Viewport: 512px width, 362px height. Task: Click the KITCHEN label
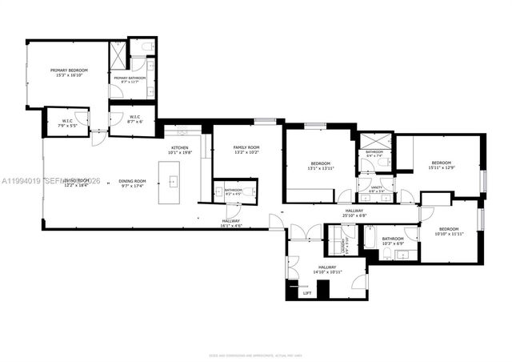click(179, 149)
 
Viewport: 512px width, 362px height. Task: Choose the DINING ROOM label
click(132, 182)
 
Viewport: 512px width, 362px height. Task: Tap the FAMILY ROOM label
click(246, 149)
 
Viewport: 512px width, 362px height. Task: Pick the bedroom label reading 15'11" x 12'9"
click(441, 165)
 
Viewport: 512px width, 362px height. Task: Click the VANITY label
click(375, 189)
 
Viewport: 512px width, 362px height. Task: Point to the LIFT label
click(306, 293)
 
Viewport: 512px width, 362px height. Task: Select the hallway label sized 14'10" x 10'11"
click(328, 271)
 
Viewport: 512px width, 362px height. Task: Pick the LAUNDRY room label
click(345, 245)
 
